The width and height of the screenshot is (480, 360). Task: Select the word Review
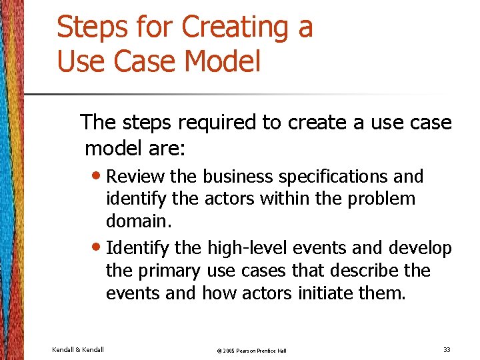point(136,177)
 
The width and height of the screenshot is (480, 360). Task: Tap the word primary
point(169,271)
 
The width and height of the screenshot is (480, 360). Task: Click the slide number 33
point(446,349)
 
